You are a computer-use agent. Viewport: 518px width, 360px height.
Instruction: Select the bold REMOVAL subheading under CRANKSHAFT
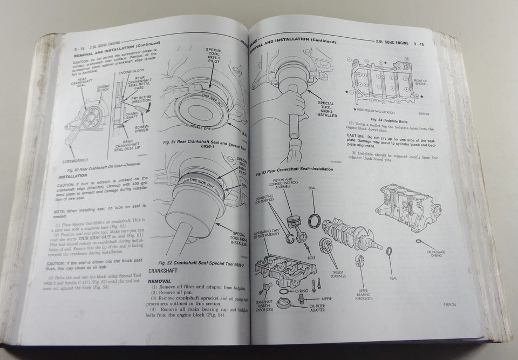(x=160, y=281)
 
